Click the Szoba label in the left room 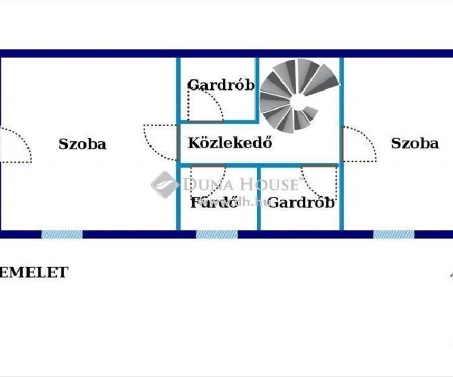[x=82, y=144]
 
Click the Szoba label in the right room [x=414, y=143]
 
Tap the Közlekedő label [x=230, y=143]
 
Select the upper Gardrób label [x=221, y=85]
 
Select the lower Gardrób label [x=301, y=203]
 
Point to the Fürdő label [x=214, y=203]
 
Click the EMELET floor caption [x=34, y=272]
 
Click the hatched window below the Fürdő [x=217, y=234]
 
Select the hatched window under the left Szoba [x=62, y=234]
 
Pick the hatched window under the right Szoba [x=394, y=234]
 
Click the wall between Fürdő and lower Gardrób [x=259, y=198]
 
